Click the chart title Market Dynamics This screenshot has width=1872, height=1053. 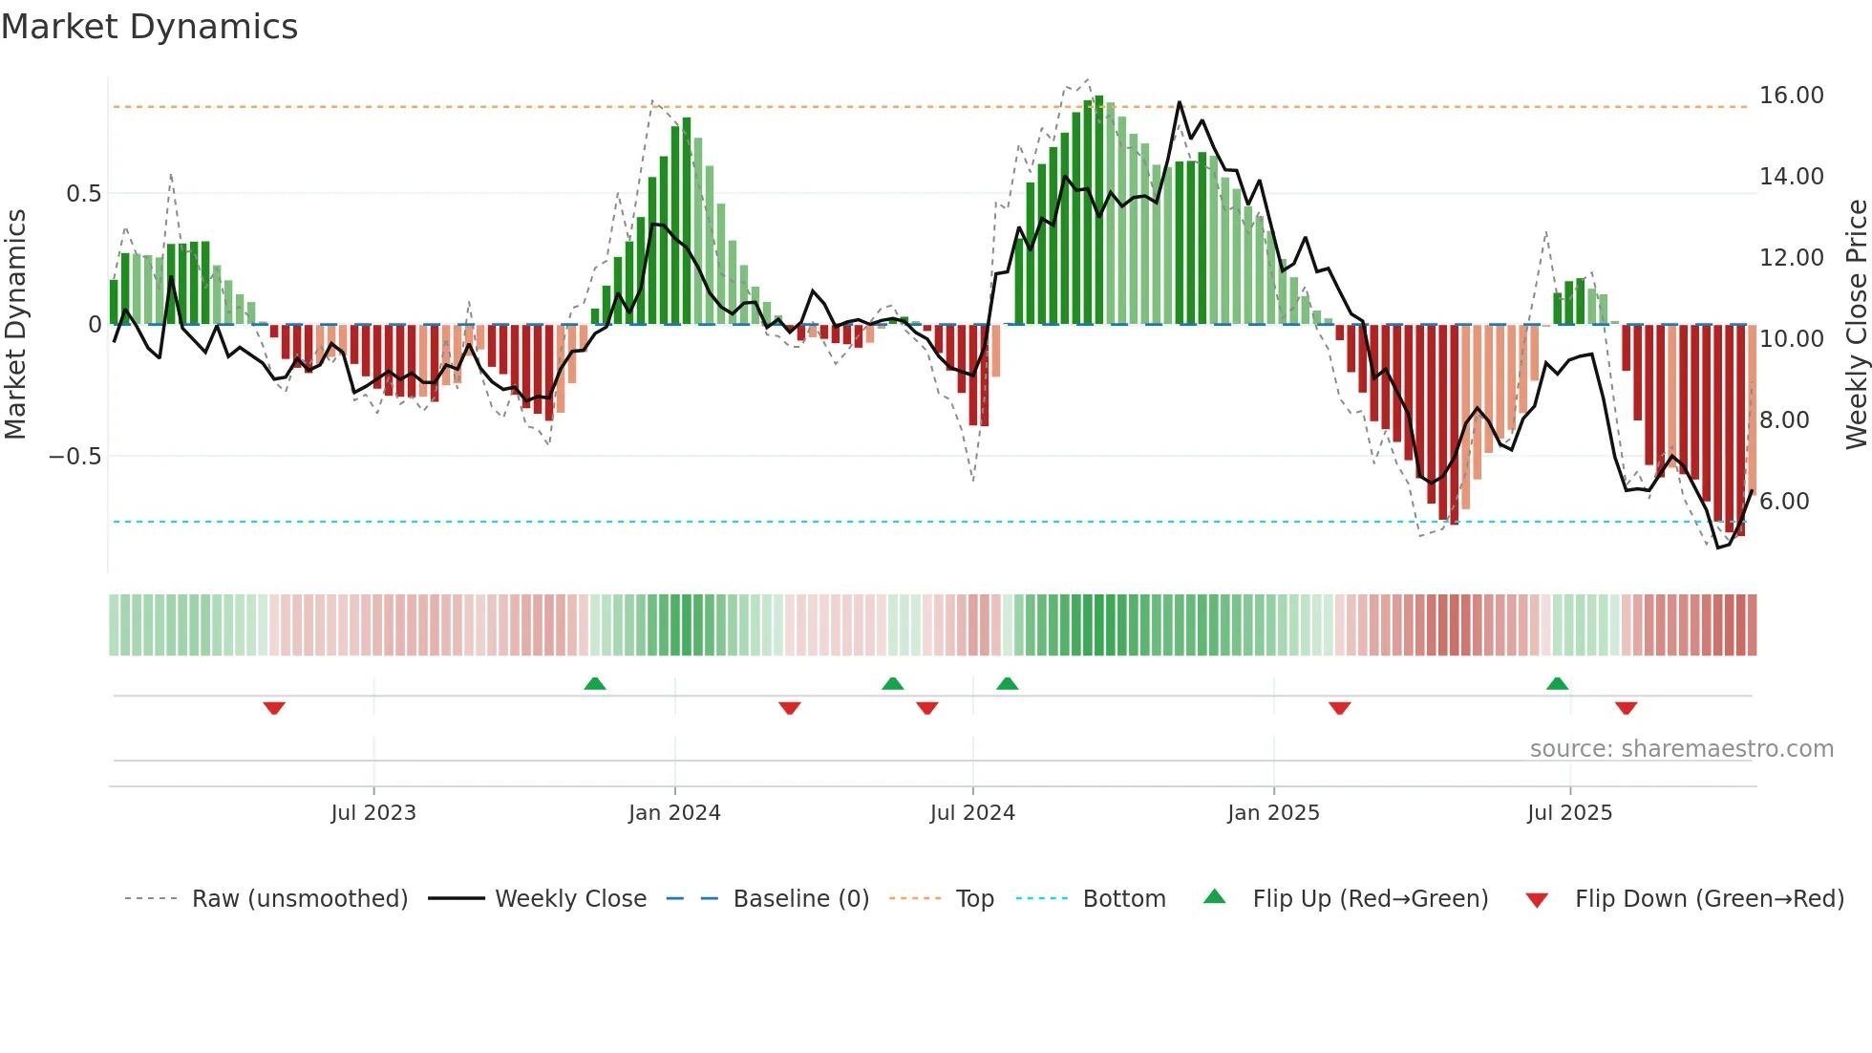pyautogui.click(x=150, y=27)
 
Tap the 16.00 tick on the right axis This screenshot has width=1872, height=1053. pyautogui.click(x=1791, y=96)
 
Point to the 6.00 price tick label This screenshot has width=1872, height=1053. pyautogui.click(x=1783, y=502)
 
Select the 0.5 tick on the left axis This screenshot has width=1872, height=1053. pyautogui.click(x=83, y=194)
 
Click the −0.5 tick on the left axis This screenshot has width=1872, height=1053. pyautogui.click(x=75, y=457)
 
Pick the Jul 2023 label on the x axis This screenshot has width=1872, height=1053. pyautogui.click(x=373, y=813)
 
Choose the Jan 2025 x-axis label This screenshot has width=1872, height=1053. pyautogui.click(x=1273, y=813)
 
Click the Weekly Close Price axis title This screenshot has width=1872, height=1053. pyautogui.click(x=1856, y=325)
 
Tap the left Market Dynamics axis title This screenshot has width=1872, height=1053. pyautogui.click(x=16, y=325)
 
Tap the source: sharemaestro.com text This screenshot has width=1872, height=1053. pyautogui.click(x=1681, y=749)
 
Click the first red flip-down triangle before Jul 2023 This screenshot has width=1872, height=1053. pyautogui.click(x=274, y=708)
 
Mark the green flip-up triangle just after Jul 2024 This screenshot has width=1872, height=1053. pyautogui.click(x=1007, y=683)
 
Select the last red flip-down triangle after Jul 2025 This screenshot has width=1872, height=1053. pyautogui.click(x=1626, y=708)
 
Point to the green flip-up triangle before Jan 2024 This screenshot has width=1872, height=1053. pyautogui.click(x=594, y=683)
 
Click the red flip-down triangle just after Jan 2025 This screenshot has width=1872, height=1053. pyautogui.click(x=1339, y=708)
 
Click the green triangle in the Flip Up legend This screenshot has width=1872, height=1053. pyautogui.click(x=1214, y=896)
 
